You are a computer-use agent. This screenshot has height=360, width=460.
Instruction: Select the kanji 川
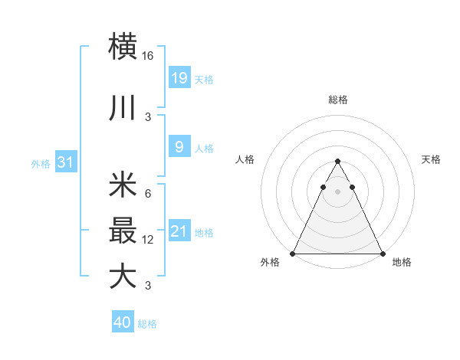pos(123,108)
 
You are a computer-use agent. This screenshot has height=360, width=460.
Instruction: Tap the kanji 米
pos(123,186)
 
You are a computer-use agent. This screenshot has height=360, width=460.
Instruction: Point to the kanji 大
pos(123,276)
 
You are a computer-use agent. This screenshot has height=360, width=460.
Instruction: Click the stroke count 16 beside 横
pos(148,56)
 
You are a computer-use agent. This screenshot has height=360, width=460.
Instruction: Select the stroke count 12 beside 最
pos(148,240)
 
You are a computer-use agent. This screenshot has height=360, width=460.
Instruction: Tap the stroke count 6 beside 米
pos(147,194)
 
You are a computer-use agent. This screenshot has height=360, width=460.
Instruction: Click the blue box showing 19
pos(179,77)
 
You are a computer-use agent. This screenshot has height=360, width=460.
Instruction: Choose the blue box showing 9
pos(179,147)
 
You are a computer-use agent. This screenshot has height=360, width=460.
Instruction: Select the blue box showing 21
pos(179,231)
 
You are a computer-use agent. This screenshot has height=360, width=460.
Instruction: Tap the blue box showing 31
pos(65,162)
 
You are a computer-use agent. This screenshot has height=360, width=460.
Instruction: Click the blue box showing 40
pos(123,322)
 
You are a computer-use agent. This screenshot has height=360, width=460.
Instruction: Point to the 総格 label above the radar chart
pos(337,100)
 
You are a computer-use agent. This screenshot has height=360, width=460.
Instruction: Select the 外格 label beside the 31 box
pos(41,163)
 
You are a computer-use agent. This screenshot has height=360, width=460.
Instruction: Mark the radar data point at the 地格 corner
pos(382,253)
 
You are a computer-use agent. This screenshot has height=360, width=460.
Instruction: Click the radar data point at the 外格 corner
pos(293,253)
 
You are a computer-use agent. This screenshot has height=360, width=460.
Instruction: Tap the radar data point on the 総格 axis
pos(337,162)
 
